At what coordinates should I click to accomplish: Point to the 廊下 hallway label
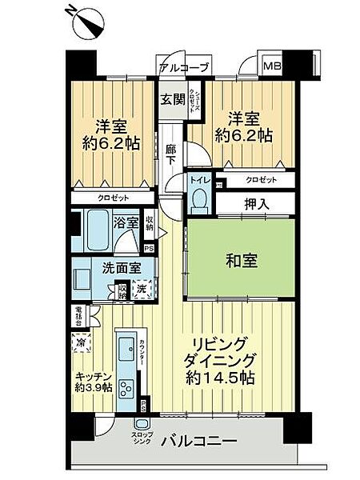(170, 154)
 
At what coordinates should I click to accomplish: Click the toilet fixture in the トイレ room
(200, 197)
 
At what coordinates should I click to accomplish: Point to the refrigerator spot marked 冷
(82, 342)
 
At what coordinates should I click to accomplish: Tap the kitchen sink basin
(128, 349)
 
